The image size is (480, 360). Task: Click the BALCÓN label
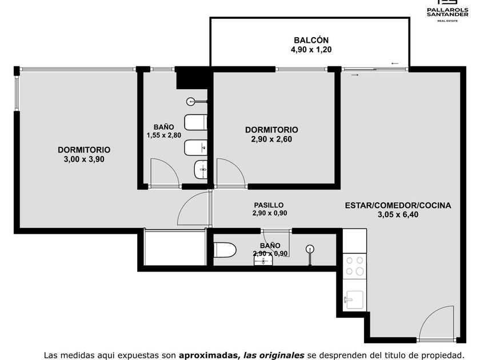311,40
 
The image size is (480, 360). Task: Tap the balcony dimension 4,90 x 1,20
311,50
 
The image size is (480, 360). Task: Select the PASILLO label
269,205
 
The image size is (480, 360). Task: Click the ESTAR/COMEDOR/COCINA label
398,205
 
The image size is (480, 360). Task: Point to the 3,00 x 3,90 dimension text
84,159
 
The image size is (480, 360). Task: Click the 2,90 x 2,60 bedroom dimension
271,139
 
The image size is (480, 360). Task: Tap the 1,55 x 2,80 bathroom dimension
164,135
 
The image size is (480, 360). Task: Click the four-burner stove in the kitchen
354,266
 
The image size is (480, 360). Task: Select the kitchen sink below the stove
354,300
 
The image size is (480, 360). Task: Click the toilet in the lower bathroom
225,250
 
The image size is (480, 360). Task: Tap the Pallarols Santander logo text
447,12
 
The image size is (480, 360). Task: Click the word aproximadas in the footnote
208,355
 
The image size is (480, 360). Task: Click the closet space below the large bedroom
174,248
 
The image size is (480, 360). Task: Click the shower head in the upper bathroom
191,101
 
